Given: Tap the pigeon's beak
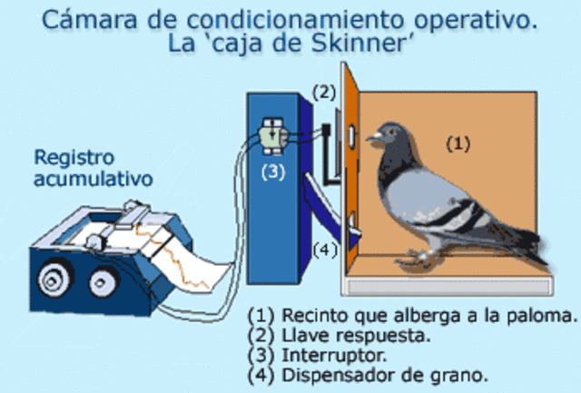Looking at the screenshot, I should click(x=372, y=139).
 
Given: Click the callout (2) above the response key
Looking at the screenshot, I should click(x=325, y=91).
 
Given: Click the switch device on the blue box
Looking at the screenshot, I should click(x=272, y=134).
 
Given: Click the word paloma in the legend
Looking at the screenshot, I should click(x=545, y=315).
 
